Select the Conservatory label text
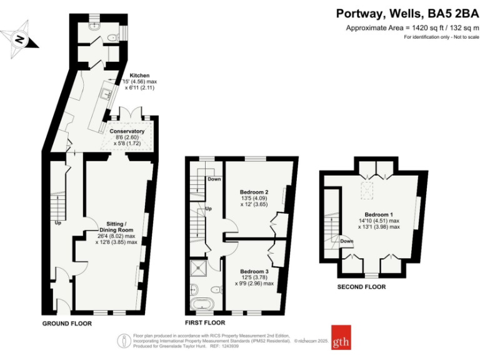(127, 131)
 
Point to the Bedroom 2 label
(254, 192)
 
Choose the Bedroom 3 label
(254, 271)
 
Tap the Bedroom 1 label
(379, 213)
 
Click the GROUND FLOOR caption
(67, 324)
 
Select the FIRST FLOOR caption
(205, 323)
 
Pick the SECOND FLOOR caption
(361, 287)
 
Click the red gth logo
(341, 337)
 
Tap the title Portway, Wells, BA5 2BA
(407, 13)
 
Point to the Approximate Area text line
(412, 28)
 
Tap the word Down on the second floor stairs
(347, 241)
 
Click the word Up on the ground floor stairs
(57, 222)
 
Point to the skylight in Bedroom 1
(369, 188)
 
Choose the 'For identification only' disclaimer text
(441, 38)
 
